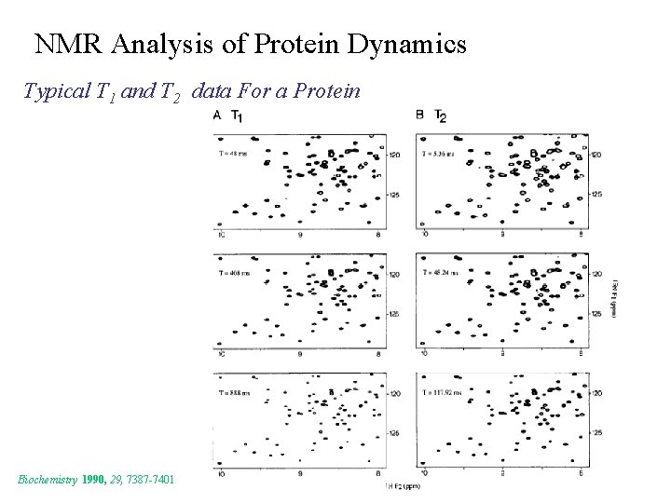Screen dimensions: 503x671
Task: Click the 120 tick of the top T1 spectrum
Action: point(394,154)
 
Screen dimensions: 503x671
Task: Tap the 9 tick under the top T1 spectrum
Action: point(300,235)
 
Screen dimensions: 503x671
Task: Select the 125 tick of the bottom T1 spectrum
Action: point(394,433)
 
